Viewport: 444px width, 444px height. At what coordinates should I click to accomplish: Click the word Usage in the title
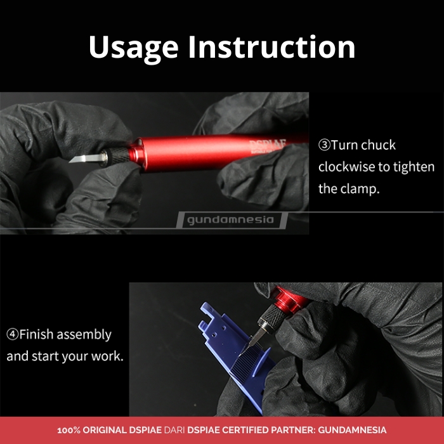[133, 48]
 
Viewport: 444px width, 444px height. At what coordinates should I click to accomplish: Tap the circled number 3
[324, 145]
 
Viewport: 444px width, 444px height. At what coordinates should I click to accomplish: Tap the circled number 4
[13, 334]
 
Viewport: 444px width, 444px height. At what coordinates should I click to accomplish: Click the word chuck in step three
[378, 145]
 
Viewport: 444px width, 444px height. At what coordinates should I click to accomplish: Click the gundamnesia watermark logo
[232, 220]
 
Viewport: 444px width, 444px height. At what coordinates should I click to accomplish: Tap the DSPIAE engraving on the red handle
[268, 145]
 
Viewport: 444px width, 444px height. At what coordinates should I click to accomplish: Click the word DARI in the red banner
[174, 430]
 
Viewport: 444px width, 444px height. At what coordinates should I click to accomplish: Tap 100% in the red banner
[69, 430]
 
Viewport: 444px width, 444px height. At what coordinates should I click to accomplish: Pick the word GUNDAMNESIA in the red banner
[352, 430]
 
